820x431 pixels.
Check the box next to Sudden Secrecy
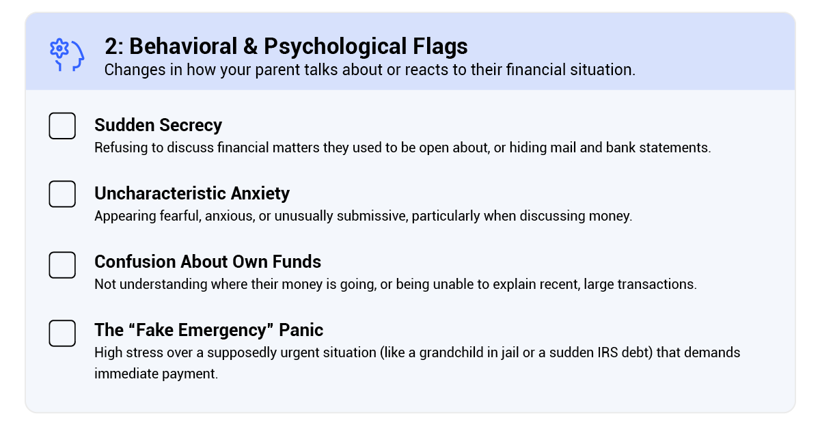pyautogui.click(x=62, y=126)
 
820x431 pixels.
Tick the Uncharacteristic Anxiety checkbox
pyautogui.click(x=62, y=194)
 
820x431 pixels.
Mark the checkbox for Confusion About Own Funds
pyautogui.click(x=62, y=265)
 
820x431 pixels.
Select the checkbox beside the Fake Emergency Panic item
pyautogui.click(x=62, y=333)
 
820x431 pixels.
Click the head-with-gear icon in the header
pyautogui.click(x=67, y=55)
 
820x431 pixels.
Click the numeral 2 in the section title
pyautogui.click(x=110, y=46)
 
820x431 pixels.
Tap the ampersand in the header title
pyautogui.click(x=250, y=46)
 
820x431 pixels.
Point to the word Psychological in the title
pyautogui.click(x=335, y=47)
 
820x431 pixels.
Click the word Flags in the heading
pyautogui.click(x=440, y=47)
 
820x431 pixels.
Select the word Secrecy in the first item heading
pyautogui.click(x=191, y=126)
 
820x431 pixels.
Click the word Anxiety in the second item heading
pyautogui.click(x=260, y=193)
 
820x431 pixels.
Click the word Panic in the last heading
pyautogui.click(x=301, y=330)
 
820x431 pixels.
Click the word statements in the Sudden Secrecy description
pyautogui.click(x=675, y=148)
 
